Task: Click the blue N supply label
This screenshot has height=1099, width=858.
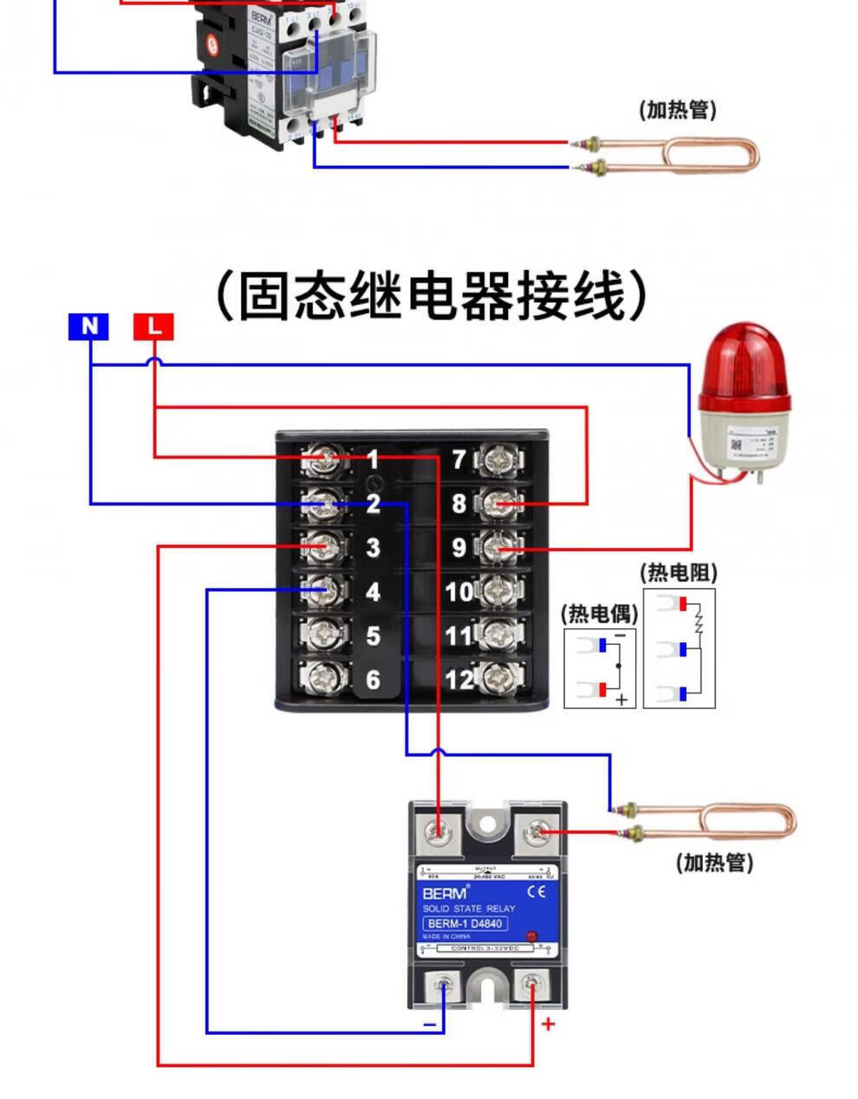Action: tap(88, 327)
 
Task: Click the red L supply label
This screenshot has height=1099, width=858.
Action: tap(153, 327)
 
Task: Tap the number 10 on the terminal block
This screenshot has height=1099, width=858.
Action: tap(459, 592)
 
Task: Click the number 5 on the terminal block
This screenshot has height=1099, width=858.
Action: tap(373, 635)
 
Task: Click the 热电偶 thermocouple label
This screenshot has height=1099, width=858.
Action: tap(599, 615)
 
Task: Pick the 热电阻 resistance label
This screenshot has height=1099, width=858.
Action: tap(679, 573)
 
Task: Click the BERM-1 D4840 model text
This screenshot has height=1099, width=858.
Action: tap(465, 924)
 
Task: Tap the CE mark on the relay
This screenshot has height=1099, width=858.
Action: tap(536, 891)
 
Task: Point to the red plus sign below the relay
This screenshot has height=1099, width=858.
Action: tap(548, 1024)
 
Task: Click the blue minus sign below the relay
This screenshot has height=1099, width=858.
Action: tap(429, 1024)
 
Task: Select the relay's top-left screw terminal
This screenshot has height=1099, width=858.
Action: tap(439, 834)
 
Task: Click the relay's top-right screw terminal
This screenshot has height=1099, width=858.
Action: tap(536, 834)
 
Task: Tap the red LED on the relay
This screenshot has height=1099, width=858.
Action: tap(530, 937)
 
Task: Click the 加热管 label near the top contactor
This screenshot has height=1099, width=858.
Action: tap(678, 110)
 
